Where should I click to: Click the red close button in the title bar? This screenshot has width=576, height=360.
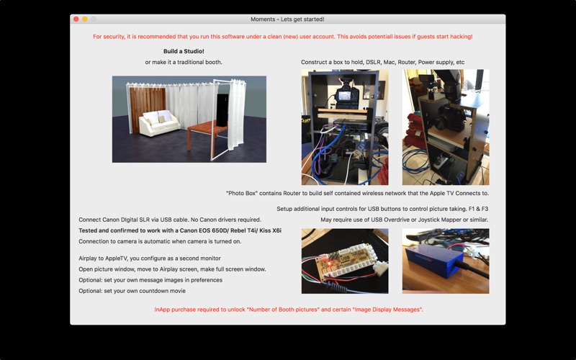(76, 19)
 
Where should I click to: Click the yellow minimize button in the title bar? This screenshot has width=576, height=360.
(85, 19)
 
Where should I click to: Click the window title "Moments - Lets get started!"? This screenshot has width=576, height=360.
(287, 19)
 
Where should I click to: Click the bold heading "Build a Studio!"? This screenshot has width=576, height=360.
(184, 51)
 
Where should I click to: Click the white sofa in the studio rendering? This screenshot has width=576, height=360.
(159, 123)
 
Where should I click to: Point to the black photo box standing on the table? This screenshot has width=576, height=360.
(222, 109)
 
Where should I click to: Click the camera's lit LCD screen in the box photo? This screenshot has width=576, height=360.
(345, 96)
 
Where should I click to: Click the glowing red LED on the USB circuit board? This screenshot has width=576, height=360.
(330, 264)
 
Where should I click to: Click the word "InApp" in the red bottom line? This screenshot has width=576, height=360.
(162, 310)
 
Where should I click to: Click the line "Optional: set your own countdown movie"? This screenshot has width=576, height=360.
(132, 291)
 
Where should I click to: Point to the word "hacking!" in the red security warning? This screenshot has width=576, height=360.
(462, 37)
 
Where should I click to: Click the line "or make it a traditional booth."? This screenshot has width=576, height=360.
(184, 63)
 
